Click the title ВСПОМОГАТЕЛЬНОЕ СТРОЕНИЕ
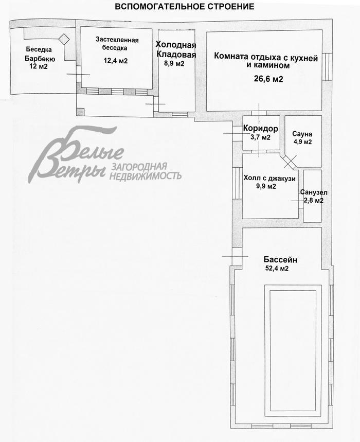pos(185,7)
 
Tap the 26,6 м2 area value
pos(268,79)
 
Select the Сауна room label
pos(302,134)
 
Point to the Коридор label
pos(261,129)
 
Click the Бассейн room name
pos(280,260)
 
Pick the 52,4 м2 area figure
pos(277,269)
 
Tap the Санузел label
pos(314,193)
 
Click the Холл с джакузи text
pos(269,179)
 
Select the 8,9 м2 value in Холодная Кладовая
pos(174,64)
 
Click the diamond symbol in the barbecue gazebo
pos(64,39)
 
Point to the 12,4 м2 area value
pos(116,61)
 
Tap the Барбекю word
pos(40,59)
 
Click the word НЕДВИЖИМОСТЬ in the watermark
pos(145,176)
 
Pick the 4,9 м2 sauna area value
pos(303,142)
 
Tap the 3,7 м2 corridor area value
pos(261,137)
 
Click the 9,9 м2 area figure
pos(266,186)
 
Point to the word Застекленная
pos(117,40)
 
